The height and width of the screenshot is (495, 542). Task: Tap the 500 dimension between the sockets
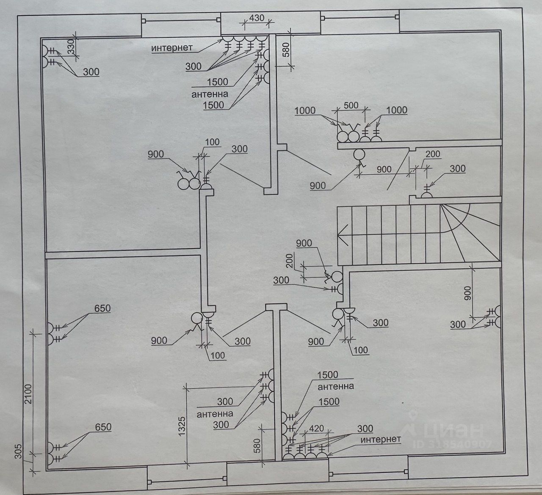[x=351, y=105]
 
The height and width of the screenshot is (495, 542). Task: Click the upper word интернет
[x=172, y=48]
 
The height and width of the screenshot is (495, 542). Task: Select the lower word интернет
[x=381, y=440]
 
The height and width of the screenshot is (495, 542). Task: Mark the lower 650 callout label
[x=103, y=427]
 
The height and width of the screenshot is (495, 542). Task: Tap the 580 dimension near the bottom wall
[x=257, y=445]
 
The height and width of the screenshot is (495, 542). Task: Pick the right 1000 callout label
[x=396, y=110]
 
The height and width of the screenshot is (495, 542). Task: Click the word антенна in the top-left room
[x=210, y=94]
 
